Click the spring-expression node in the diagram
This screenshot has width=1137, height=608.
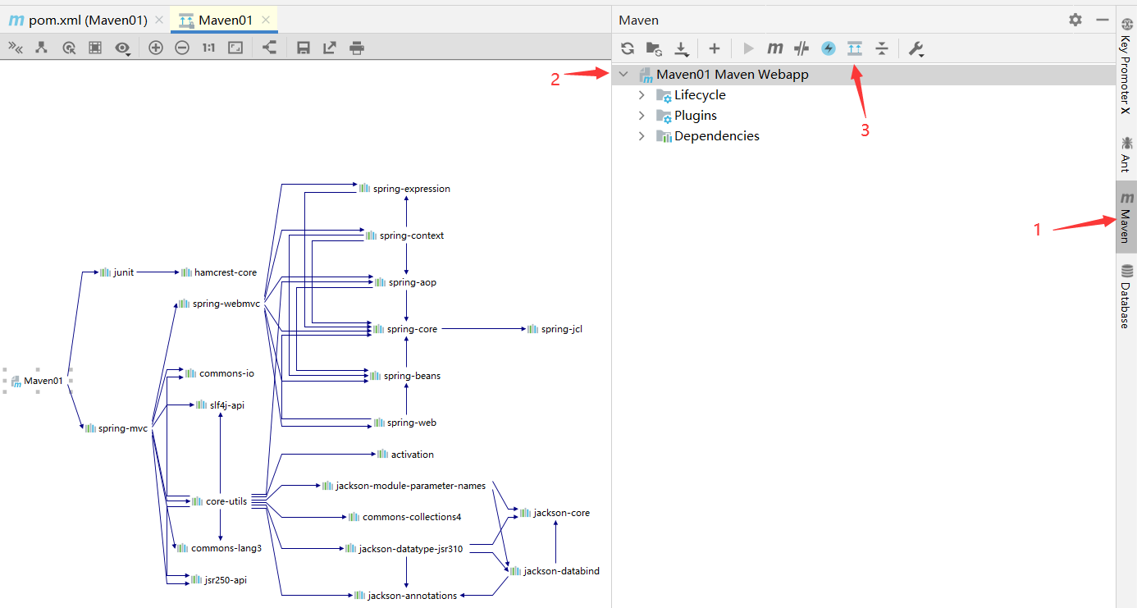(404, 189)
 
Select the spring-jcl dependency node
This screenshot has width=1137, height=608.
(555, 329)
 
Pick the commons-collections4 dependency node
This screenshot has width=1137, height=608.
(405, 517)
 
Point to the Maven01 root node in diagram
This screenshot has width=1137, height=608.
(37, 381)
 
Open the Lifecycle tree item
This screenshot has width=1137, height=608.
(700, 95)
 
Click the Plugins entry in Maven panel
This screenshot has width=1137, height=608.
(695, 116)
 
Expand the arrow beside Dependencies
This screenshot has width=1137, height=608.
(642, 136)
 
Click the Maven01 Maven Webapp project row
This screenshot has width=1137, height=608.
(732, 75)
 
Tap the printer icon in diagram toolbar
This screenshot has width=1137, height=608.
(357, 48)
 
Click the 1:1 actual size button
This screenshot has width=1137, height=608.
(208, 48)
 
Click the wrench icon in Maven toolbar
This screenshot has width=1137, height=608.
(916, 48)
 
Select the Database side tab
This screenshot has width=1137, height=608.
(1126, 296)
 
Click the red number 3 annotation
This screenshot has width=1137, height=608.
(865, 130)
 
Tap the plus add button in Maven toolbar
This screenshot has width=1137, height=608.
(715, 48)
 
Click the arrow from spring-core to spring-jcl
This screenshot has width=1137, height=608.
(484, 329)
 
